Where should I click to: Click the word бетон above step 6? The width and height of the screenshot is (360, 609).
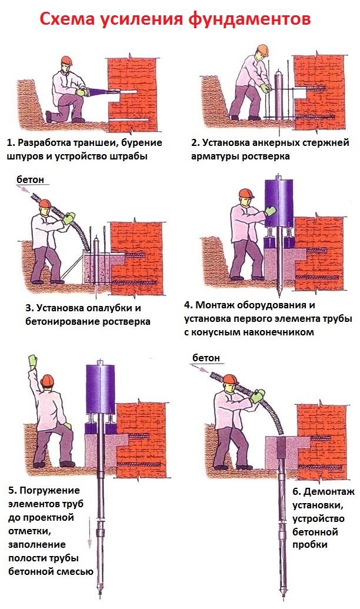(206, 358)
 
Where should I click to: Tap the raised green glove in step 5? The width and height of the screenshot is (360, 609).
(33, 361)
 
